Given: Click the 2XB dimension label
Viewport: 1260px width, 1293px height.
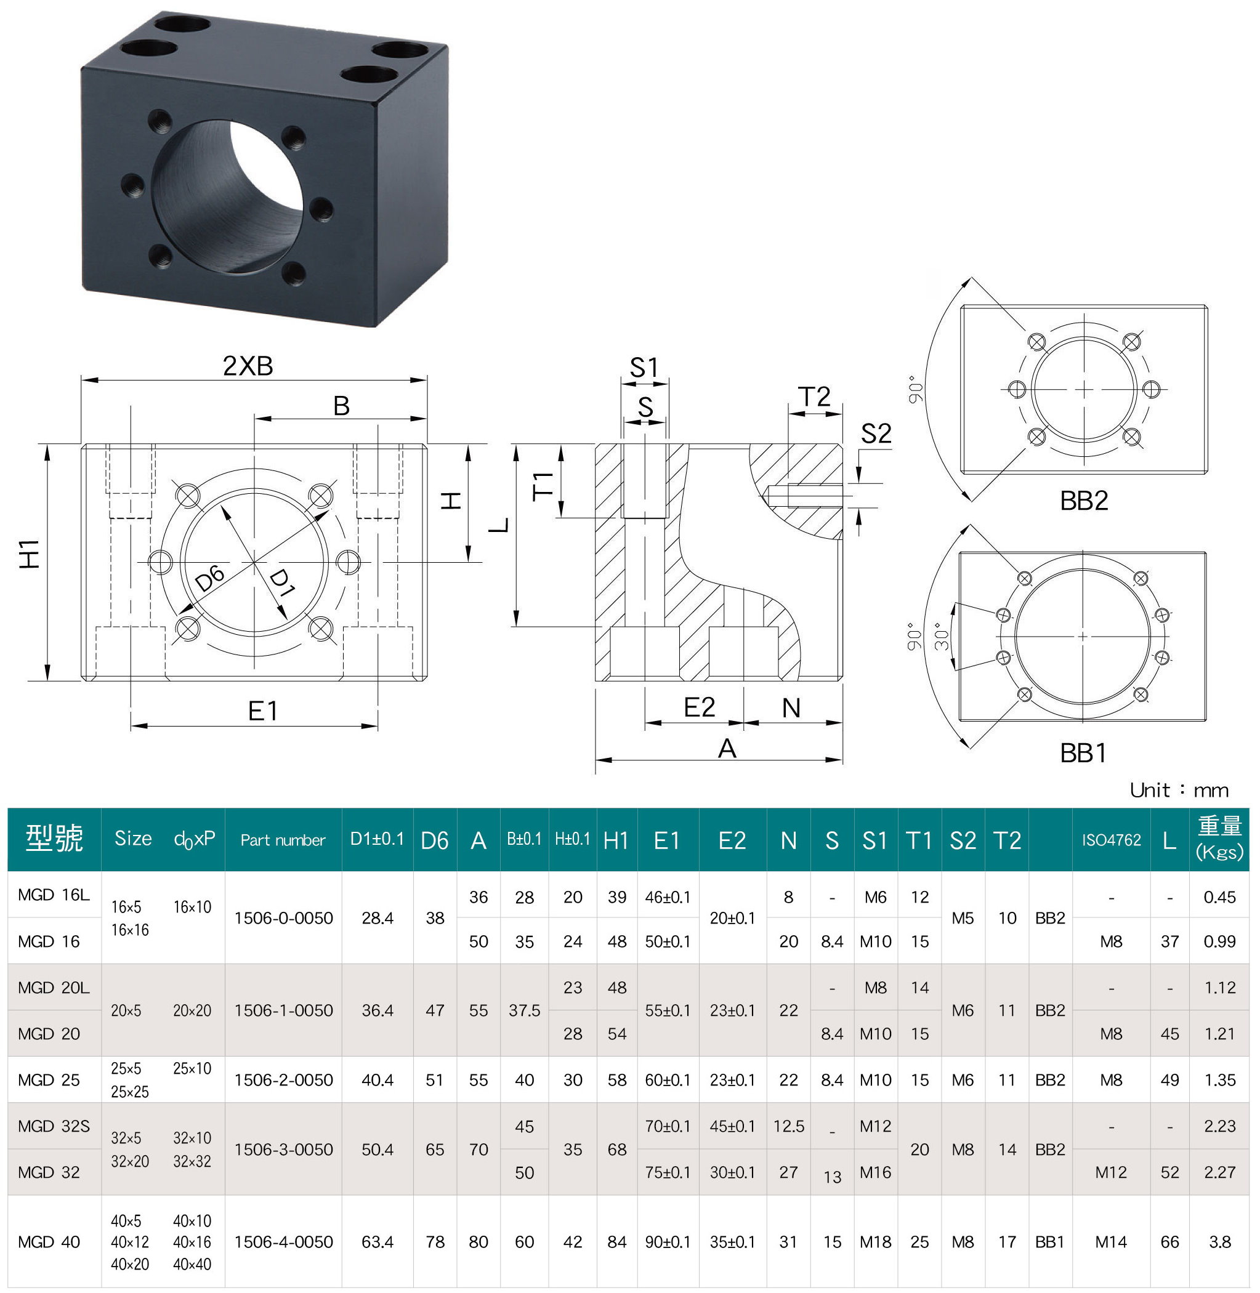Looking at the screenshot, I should pyautogui.click(x=248, y=365).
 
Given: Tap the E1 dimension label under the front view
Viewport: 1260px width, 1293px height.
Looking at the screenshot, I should pyautogui.click(x=263, y=711).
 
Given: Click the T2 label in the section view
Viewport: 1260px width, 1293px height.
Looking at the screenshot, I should pyautogui.click(x=814, y=397).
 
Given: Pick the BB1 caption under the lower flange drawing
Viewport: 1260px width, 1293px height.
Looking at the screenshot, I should pyautogui.click(x=1083, y=753).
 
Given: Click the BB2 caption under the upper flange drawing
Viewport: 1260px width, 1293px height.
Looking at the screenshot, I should pyautogui.click(x=1083, y=500).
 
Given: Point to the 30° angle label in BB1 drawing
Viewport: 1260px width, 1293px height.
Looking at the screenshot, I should pyautogui.click(x=942, y=636).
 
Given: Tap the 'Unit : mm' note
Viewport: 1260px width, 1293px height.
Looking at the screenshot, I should pyautogui.click(x=1179, y=790).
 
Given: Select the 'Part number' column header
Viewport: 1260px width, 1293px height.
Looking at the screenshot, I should pyautogui.click(x=283, y=840).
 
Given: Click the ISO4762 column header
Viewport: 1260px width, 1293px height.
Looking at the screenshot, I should pyautogui.click(x=1111, y=840).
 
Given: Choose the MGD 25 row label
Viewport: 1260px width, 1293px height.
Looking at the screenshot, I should pyautogui.click(x=49, y=1080).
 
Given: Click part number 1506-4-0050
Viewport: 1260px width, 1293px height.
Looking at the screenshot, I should pyautogui.click(x=283, y=1242).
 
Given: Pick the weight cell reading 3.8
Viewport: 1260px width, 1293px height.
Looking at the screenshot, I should pyautogui.click(x=1219, y=1242).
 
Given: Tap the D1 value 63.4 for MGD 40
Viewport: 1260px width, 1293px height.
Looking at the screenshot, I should pyautogui.click(x=378, y=1242).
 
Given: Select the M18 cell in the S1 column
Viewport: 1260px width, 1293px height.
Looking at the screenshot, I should pyautogui.click(x=875, y=1242).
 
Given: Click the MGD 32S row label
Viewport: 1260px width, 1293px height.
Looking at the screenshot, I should pyautogui.click(x=54, y=1126).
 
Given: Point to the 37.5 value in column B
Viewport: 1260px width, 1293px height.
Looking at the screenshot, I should pyautogui.click(x=524, y=1010).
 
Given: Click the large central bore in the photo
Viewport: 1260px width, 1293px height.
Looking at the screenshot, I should pyautogui.click(x=228, y=198).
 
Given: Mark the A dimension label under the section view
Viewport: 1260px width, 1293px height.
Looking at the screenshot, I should pyautogui.click(x=727, y=749).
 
